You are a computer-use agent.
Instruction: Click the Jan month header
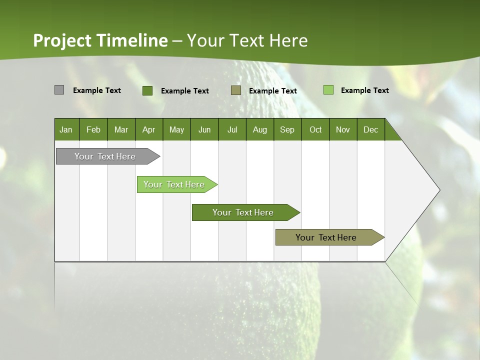[x=66, y=129]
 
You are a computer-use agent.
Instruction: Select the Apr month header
[x=148, y=129]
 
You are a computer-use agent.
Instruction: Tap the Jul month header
[x=232, y=129]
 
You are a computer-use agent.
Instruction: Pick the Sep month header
[x=287, y=129]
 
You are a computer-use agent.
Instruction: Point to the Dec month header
[x=370, y=129]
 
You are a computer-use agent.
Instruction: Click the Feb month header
[x=93, y=129]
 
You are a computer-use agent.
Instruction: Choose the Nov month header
[x=342, y=129]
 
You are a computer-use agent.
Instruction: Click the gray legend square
[x=59, y=90]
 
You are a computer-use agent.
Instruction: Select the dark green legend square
[x=147, y=90]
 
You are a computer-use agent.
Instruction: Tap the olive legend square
[x=236, y=90]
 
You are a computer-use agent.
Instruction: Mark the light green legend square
[x=328, y=90]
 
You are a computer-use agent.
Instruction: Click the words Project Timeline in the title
[x=100, y=40]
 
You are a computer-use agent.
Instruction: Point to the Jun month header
[x=204, y=129]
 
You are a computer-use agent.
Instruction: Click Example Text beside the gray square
[x=97, y=90]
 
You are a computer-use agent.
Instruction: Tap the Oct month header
[x=315, y=129]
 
